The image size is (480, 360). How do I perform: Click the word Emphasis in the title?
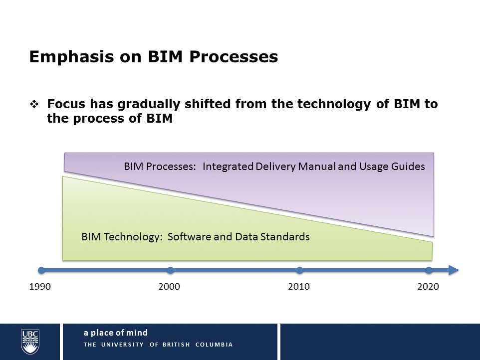(72, 57)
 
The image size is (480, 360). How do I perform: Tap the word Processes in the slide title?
(234, 56)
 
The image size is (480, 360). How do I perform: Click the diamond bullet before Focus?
(34, 104)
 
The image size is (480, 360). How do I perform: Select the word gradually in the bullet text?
(149, 104)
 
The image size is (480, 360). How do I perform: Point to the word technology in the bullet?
(334, 104)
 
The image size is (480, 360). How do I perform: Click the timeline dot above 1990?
(41, 270)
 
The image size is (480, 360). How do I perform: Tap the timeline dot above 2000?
(171, 270)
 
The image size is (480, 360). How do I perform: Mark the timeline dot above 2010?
(300, 270)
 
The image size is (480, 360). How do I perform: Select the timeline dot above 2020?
(429, 270)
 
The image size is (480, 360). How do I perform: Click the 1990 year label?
(40, 287)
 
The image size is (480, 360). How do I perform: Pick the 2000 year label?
(169, 287)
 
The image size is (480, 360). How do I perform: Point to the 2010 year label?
(299, 287)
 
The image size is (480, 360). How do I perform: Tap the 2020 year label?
(428, 287)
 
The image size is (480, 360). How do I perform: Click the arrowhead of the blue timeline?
(453, 270)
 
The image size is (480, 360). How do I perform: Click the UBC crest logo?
(30, 342)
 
